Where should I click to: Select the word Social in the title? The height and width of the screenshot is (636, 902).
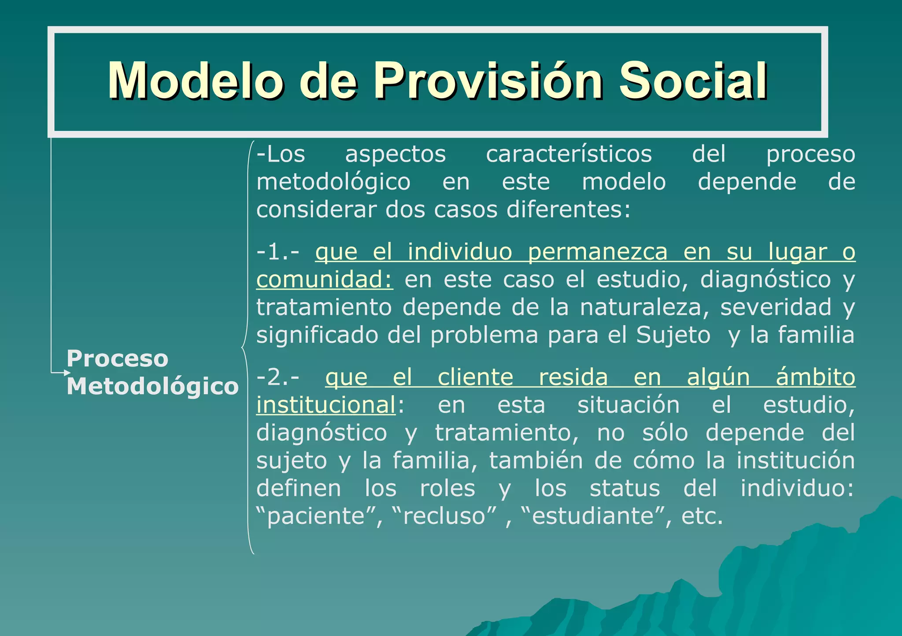tap(693, 81)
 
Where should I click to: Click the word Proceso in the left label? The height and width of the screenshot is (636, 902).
tap(117, 359)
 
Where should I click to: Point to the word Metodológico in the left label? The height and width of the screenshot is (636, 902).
tap(152, 386)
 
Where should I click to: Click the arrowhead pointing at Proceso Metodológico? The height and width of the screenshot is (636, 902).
tap(67, 373)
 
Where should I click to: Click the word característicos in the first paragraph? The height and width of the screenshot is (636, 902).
tap(569, 155)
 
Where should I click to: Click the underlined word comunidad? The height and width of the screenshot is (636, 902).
tap(325, 280)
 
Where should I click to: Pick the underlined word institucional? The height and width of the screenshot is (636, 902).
tap(326, 405)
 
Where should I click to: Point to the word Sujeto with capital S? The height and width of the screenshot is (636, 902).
tap(673, 335)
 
